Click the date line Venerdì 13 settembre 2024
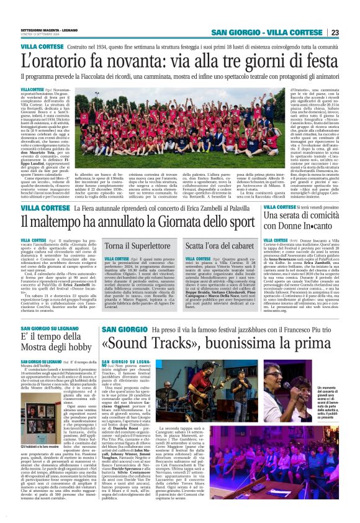tap(42, 34)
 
